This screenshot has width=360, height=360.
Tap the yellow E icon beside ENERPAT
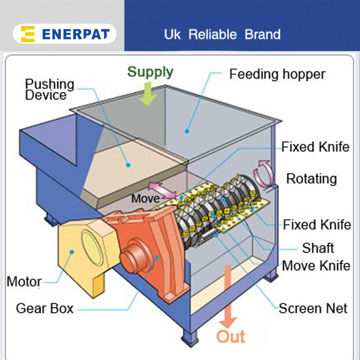pyautogui.click(x=28, y=34)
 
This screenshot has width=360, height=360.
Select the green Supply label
pyautogui.click(x=150, y=72)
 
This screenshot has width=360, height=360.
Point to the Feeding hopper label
pyautogui.click(x=277, y=74)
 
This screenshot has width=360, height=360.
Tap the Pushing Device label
pyautogui.click(x=49, y=89)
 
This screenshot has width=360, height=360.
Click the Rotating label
pyautogui.click(x=311, y=179)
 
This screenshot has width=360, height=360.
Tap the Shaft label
pyautogui.click(x=318, y=248)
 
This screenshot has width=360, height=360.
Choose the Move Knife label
pyautogui.click(x=315, y=265)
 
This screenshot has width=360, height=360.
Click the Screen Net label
pyautogui.click(x=313, y=308)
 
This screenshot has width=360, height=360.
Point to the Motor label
pyautogui.click(x=24, y=281)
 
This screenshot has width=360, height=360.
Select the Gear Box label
pyautogui.click(x=44, y=308)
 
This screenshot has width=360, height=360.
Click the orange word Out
pyautogui.click(x=231, y=337)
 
